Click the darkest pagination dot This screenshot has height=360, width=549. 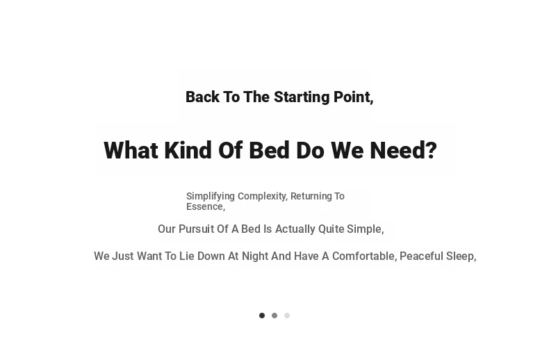(262, 316)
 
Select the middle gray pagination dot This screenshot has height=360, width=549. (274, 316)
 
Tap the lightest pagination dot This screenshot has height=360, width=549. (287, 316)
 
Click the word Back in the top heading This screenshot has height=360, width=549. (202, 97)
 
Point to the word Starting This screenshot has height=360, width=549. (302, 97)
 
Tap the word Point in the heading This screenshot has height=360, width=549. (352, 97)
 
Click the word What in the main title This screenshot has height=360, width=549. (131, 150)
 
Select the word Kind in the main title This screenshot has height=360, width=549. (188, 150)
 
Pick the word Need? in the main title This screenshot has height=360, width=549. (403, 150)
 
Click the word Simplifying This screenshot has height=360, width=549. (211, 197)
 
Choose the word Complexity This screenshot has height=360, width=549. (263, 197)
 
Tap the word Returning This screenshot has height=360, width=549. (311, 197)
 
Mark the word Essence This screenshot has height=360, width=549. (205, 206)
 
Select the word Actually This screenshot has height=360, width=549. (295, 229)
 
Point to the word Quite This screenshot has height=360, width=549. (331, 229)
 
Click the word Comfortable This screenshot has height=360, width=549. (363, 256)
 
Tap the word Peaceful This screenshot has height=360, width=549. (422, 256)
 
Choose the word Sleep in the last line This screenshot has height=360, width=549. (460, 256)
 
